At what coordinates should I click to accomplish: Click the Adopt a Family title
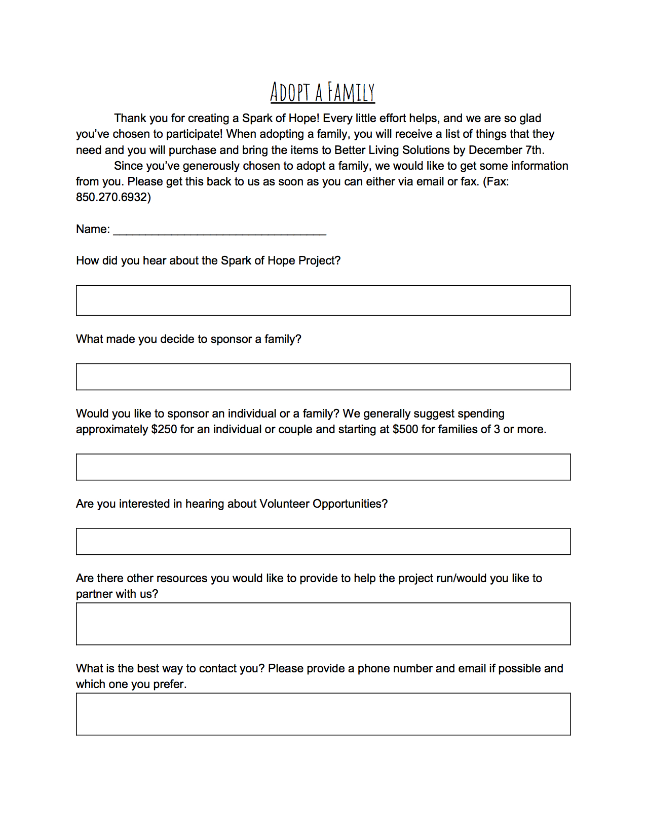tap(322, 92)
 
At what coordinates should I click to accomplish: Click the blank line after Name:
tap(219, 231)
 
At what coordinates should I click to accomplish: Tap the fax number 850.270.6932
tap(113, 197)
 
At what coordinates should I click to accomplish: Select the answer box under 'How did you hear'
tap(323, 300)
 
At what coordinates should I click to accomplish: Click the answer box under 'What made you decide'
tap(323, 377)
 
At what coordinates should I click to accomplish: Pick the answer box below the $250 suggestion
tap(323, 467)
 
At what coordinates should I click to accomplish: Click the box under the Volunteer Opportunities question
tap(323, 542)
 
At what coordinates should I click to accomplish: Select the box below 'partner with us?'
tap(323, 624)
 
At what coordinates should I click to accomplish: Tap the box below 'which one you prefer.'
tap(323, 714)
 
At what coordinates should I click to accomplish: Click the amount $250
tap(164, 430)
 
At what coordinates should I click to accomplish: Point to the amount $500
tap(405, 430)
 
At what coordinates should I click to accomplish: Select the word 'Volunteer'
tap(284, 504)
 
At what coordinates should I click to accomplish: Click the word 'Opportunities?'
tap(350, 504)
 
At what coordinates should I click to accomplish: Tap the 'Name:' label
tap(93, 229)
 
